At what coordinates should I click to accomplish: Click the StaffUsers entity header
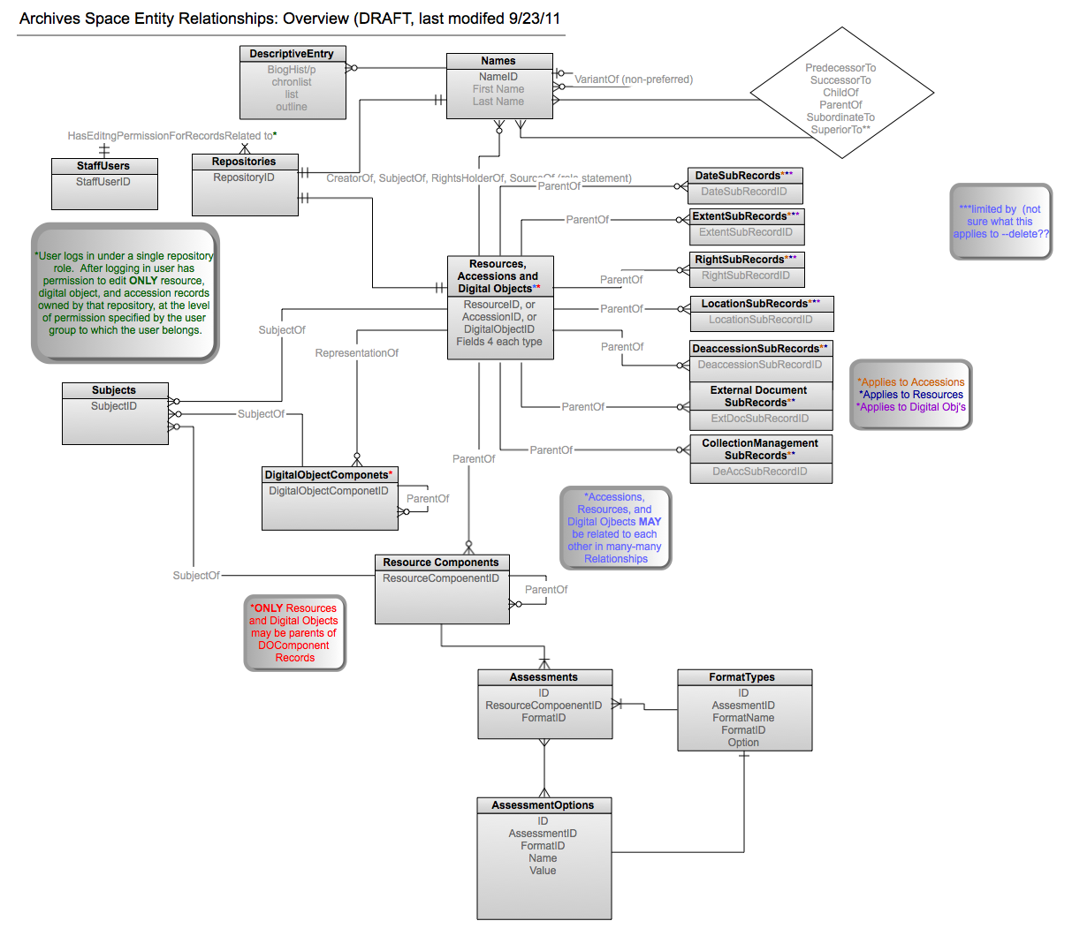coord(103,166)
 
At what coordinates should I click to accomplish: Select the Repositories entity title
coord(244,162)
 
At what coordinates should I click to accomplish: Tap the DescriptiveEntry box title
coord(292,54)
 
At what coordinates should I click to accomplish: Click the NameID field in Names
coord(498,77)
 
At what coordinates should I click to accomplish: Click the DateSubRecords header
coord(744,176)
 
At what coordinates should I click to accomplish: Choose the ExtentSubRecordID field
coord(746,232)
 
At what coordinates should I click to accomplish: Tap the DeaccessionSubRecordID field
coord(760,365)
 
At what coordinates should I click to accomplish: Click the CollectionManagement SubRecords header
coord(760,449)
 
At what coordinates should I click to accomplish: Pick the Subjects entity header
coord(114,390)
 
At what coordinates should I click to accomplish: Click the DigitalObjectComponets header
coord(329,475)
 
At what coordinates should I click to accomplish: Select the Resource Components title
coord(441,562)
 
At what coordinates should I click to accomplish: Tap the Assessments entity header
coord(544,677)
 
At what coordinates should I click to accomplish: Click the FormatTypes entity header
coord(742,677)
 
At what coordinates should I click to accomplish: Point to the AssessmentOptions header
coord(543,805)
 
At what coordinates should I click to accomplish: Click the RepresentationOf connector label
coord(357,353)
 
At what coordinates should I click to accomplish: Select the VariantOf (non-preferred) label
coord(634,79)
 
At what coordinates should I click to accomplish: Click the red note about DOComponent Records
coord(294,633)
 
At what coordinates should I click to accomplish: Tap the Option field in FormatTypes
coord(743,743)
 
